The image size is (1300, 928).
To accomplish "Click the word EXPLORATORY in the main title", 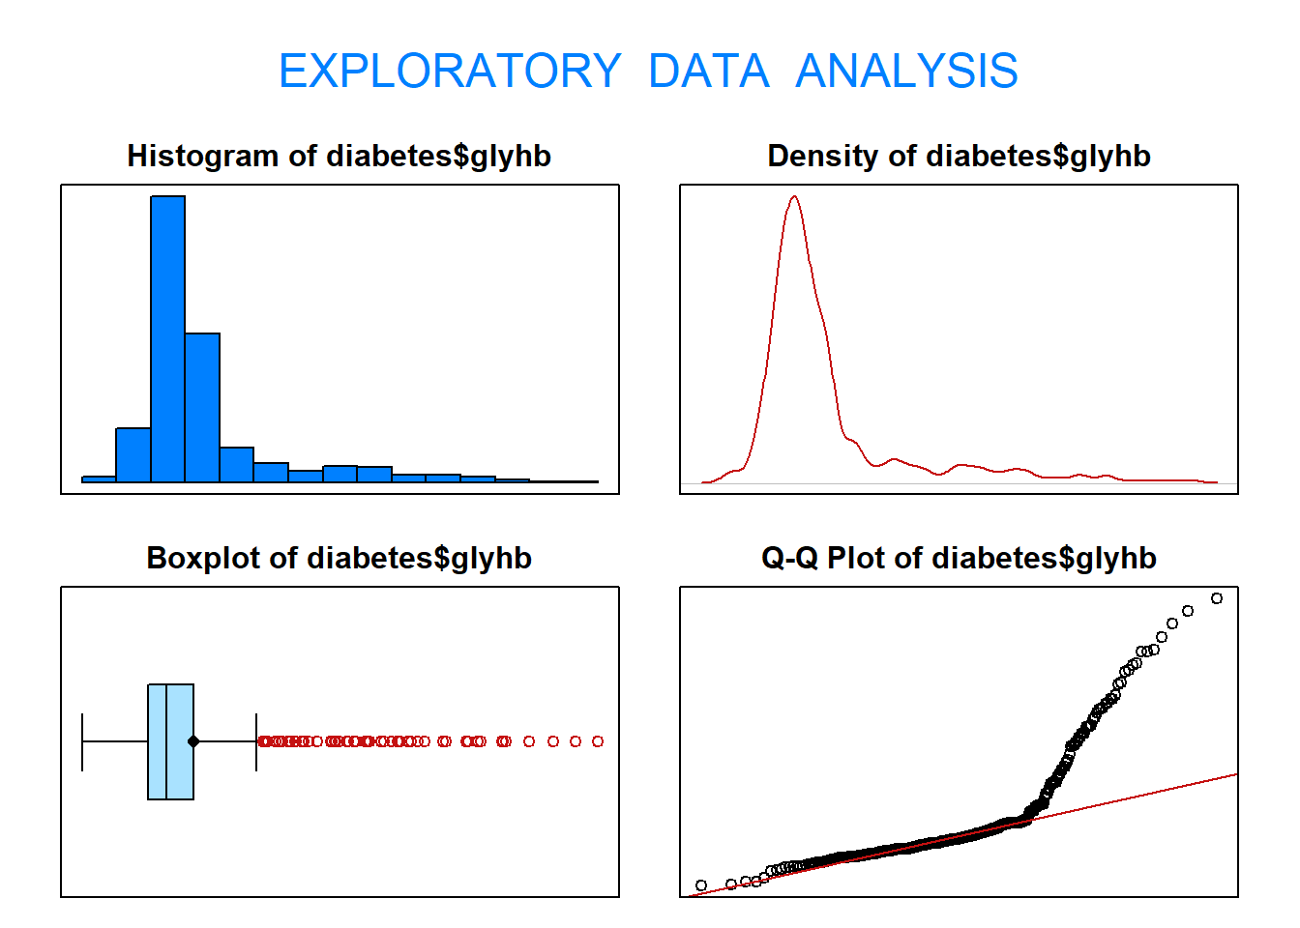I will [450, 72].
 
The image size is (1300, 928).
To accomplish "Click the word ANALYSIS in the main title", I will [906, 72].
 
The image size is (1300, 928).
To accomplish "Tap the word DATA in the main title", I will [708, 72].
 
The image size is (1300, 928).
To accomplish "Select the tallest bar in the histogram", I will [167, 338].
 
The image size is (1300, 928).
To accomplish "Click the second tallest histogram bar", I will [202, 407].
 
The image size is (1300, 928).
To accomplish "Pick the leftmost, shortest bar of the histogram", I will [99, 478].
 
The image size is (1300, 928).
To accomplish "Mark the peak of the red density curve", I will [794, 197].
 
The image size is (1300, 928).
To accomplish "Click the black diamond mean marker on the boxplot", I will [193, 741].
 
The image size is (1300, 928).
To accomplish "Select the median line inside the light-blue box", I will [166, 741].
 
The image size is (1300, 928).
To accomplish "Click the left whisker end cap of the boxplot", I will [82, 741].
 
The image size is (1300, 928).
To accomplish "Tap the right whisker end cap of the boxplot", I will [256, 741].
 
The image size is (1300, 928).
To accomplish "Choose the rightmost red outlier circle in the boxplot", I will [598, 741].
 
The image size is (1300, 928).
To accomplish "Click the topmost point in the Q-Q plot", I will [1217, 598].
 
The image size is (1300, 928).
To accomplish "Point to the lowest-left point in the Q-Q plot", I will [701, 885].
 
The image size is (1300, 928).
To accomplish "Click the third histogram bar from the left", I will [167, 338].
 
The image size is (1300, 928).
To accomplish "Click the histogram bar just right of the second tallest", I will [236, 464].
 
